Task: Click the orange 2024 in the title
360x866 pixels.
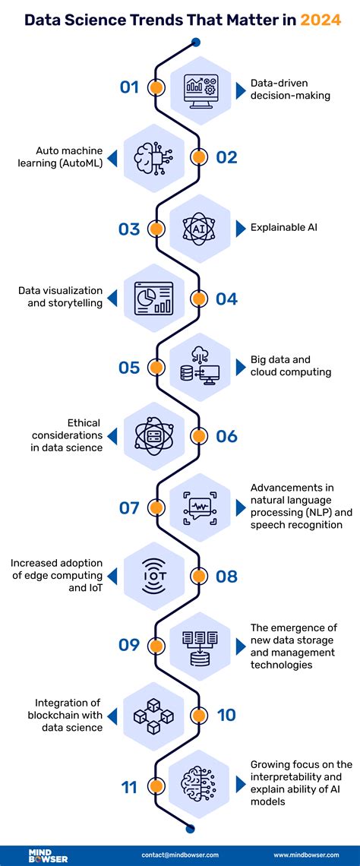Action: point(321,19)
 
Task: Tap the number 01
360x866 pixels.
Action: point(130,87)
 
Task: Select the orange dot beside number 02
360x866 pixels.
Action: point(198,157)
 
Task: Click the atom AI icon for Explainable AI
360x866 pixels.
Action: point(200,228)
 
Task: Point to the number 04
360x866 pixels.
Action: point(226,299)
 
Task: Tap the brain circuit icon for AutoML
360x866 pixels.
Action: point(155,157)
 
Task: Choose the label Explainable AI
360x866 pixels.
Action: point(280,227)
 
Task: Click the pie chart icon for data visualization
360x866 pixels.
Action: point(154,299)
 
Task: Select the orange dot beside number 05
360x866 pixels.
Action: point(156,368)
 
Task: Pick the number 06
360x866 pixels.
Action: point(226,437)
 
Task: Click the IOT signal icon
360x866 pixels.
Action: point(155,576)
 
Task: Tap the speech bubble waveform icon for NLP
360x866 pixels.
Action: point(200,507)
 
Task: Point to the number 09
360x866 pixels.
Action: point(130,645)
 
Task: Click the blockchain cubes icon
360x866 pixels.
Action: point(155,715)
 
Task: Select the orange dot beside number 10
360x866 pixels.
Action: point(198,715)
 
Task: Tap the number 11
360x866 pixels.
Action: point(130,786)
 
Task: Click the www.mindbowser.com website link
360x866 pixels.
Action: point(307,854)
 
